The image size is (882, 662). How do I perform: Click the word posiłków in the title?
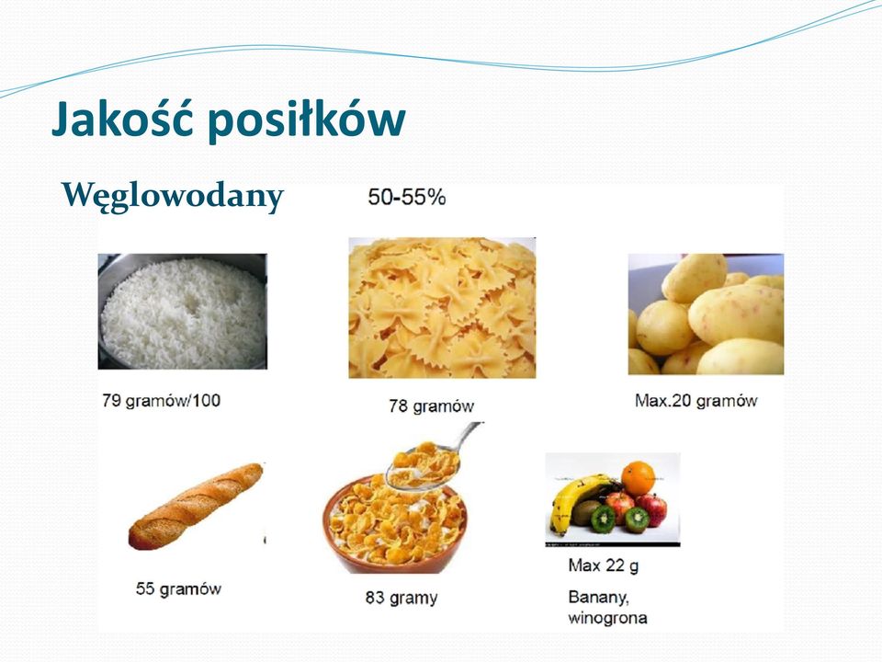(x=307, y=120)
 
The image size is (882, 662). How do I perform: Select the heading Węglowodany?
(x=173, y=197)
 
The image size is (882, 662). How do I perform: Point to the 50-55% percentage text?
(x=407, y=197)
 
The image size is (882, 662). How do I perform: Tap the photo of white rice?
(x=182, y=312)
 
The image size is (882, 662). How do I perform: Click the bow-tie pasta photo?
(x=442, y=307)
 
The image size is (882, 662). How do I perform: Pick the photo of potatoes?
(x=706, y=314)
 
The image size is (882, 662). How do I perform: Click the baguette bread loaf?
(x=196, y=506)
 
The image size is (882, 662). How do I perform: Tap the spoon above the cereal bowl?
(x=433, y=455)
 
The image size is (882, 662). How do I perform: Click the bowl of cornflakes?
(x=395, y=525)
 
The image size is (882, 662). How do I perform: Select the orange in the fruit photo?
(x=638, y=477)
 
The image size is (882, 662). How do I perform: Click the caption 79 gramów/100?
(x=162, y=401)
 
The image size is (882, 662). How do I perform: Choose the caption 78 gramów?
(x=432, y=405)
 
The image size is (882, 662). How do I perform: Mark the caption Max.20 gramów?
(x=695, y=401)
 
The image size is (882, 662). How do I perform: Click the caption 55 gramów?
(x=178, y=588)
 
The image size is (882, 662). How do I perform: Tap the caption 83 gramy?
(x=401, y=598)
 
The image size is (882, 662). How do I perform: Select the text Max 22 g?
(x=603, y=565)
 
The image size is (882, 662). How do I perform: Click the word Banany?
(x=598, y=597)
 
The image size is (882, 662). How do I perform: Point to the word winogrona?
(x=607, y=618)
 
